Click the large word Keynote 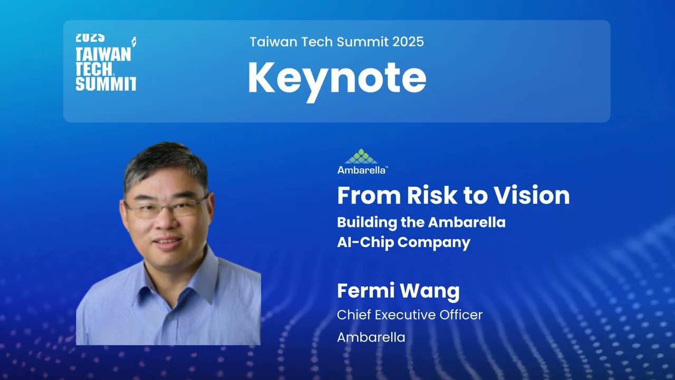point(336,78)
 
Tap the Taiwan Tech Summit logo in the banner point(106,62)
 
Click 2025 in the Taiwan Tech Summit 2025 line point(408,42)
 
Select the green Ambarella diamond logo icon point(361,156)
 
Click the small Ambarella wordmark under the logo point(362,170)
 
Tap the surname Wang point(435,291)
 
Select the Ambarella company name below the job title point(371,337)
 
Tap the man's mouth point(168,242)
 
